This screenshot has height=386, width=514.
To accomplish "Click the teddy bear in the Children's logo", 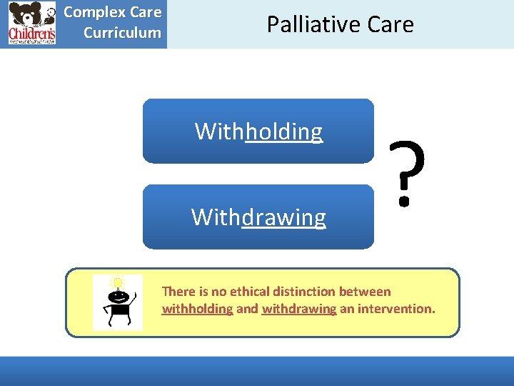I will pos(26,15).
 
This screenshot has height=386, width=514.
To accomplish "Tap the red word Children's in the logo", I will pos(31,34).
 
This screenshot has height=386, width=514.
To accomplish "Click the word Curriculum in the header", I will pos(122,33).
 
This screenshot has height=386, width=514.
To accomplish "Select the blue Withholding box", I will pos(258,132).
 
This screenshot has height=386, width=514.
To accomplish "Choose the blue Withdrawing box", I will pos(258,217).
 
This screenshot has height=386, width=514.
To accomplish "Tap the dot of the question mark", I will pos(404,201).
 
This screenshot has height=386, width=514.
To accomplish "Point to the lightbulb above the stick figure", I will pos(117,282).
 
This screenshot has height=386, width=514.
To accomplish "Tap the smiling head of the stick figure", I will pos(117,296).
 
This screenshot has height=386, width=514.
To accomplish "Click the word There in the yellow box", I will pos(178,292).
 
